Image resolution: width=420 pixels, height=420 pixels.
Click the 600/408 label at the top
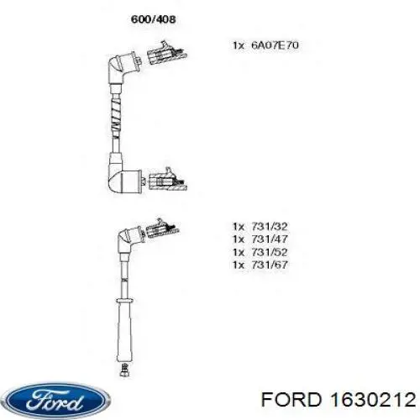(153, 19)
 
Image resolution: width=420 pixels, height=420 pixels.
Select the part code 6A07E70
(275, 45)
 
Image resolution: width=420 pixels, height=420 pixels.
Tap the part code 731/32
(270, 226)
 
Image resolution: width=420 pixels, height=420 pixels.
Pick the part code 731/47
(270, 239)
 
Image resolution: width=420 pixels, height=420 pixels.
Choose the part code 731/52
(270, 252)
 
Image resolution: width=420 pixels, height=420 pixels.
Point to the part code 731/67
(270, 265)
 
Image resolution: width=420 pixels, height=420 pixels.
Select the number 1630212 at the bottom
(373, 399)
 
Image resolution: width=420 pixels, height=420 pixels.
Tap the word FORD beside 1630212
(291, 399)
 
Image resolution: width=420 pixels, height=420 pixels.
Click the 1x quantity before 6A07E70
(239, 45)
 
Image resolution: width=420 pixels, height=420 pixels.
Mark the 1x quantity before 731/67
(239, 265)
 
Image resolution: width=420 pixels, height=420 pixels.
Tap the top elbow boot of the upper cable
(123, 67)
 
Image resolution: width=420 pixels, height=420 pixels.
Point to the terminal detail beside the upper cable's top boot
(166, 53)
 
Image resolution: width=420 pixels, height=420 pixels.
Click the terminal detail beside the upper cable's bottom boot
(167, 179)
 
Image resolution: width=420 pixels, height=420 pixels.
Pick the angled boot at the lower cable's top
(129, 238)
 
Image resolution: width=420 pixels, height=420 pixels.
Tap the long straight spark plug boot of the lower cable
(124, 330)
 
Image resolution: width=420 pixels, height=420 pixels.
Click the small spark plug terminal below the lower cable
(124, 370)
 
